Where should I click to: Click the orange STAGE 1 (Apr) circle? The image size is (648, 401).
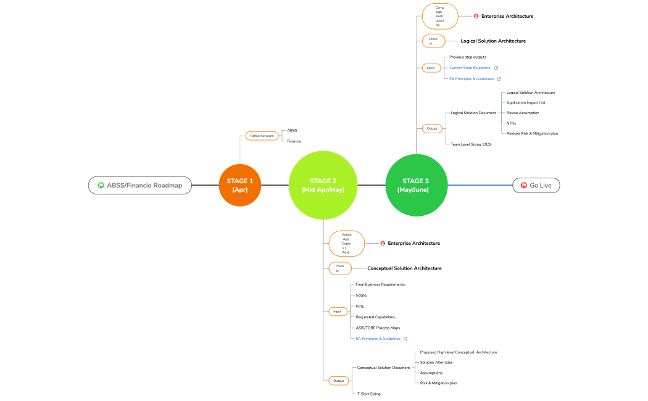click(239, 185)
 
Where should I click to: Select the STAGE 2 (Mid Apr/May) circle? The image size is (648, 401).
click(323, 185)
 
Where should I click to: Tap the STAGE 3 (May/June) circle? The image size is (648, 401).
click(415, 185)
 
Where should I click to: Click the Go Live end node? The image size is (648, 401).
click(536, 185)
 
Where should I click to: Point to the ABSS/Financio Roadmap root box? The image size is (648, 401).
click(139, 185)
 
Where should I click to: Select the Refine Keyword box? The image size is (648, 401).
click(262, 136)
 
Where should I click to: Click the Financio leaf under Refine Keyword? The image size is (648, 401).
click(294, 141)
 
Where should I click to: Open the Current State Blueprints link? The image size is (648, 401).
click(470, 68)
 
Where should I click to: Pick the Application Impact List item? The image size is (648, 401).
click(526, 102)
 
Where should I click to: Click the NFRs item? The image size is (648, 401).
click(511, 123)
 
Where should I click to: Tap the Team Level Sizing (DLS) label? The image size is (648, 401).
click(471, 144)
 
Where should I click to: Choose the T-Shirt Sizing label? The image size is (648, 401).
click(368, 393)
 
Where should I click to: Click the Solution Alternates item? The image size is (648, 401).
click(436, 362)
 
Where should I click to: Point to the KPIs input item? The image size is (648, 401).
click(360, 306)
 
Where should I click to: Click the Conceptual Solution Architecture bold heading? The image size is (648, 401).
click(404, 268)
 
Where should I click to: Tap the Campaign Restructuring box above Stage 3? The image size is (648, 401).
click(439, 16)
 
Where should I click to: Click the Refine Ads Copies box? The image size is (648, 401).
click(346, 243)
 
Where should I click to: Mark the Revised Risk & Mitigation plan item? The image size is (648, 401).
click(532, 133)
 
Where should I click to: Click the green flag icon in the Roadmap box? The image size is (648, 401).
click(101, 185)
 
